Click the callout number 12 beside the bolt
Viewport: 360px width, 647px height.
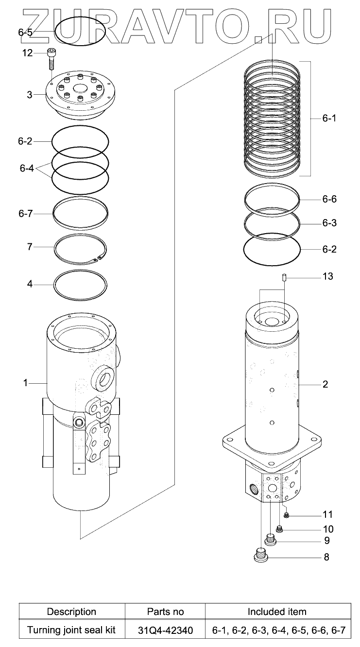point(27,53)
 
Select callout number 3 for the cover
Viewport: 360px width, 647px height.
point(30,94)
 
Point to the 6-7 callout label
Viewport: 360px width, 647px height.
point(25,214)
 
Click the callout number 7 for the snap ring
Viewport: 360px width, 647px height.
point(30,247)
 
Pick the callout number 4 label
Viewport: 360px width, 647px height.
point(30,284)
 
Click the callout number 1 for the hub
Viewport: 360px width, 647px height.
point(25,383)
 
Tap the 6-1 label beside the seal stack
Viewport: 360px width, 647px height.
point(329,119)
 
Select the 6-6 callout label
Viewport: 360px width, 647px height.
point(329,200)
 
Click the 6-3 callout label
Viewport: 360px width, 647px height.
point(329,223)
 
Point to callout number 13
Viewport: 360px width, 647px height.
point(328,276)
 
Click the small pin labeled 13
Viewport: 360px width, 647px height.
point(284,278)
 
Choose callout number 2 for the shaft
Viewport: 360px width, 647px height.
point(325,384)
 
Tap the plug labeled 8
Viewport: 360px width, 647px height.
point(262,555)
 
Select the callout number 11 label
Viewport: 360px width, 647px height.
point(328,514)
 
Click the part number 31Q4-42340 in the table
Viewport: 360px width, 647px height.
point(165,630)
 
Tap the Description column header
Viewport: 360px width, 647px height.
point(71,612)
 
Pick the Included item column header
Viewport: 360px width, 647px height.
point(277,612)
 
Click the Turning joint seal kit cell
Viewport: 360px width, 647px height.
point(71,630)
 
